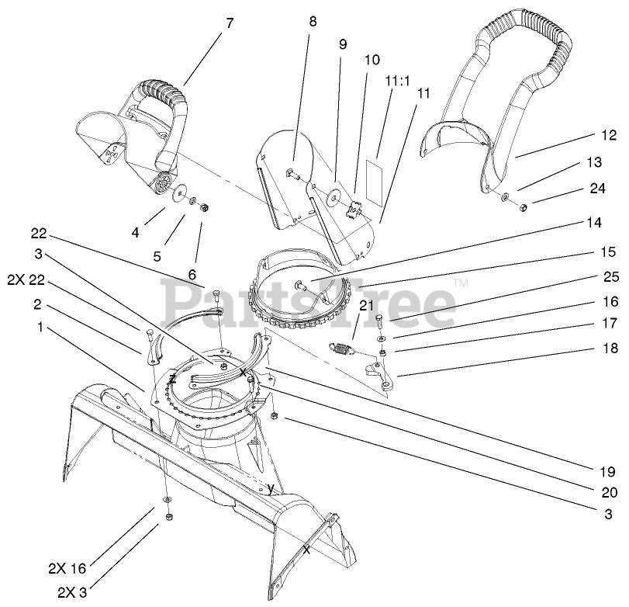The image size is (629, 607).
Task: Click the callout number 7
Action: pyautogui.click(x=229, y=23)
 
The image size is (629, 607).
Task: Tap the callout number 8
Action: pyautogui.click(x=313, y=23)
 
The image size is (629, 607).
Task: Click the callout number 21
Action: pyautogui.click(x=366, y=304)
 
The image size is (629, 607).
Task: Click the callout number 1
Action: pyautogui.click(x=40, y=327)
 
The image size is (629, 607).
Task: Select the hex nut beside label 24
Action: pyautogui.click(x=523, y=206)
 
